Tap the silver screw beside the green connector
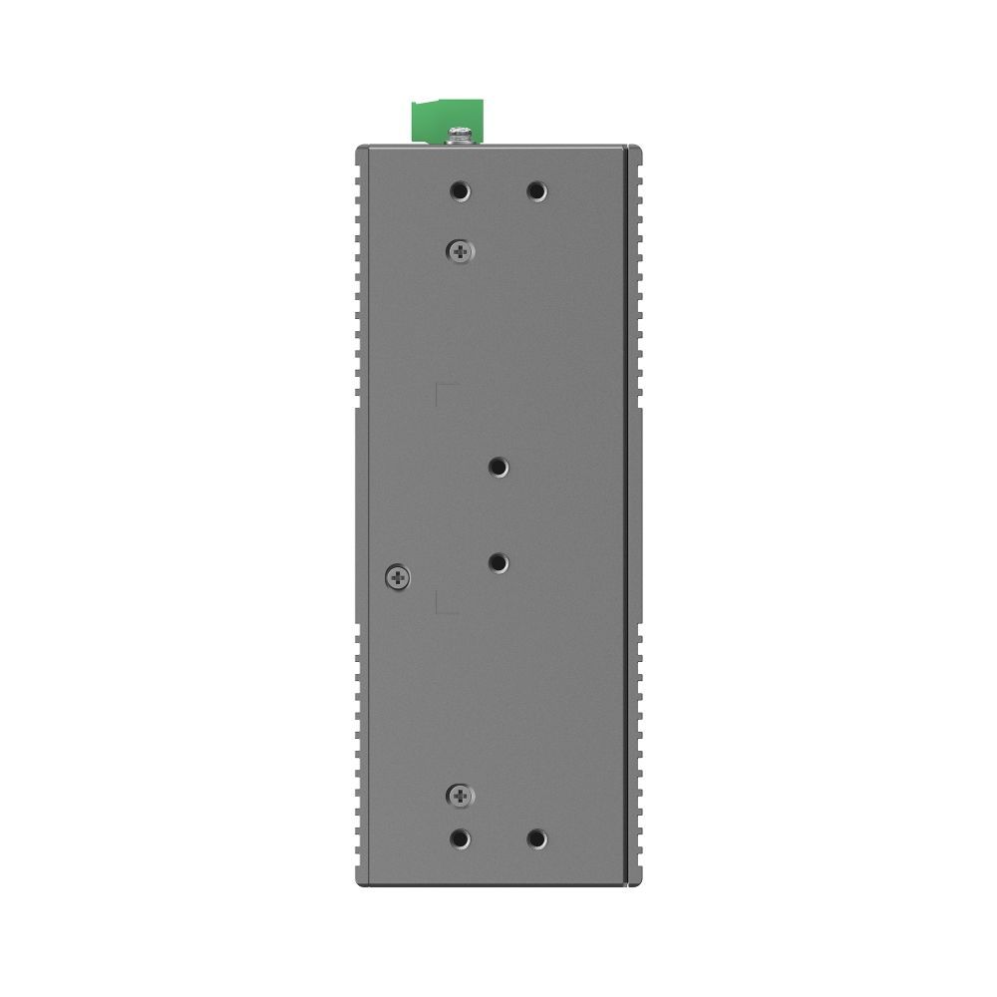point(461,133)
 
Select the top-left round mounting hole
point(460,190)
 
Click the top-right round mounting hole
point(536,190)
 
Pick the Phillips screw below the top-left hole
point(460,252)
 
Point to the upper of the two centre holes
point(498,467)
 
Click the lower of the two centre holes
point(498,563)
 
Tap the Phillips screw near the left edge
point(397,575)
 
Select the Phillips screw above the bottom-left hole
point(460,795)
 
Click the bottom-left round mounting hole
point(460,839)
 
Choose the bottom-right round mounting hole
point(536,839)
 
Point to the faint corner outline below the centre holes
point(445,607)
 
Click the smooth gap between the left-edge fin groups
point(356,518)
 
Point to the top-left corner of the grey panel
point(360,148)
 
